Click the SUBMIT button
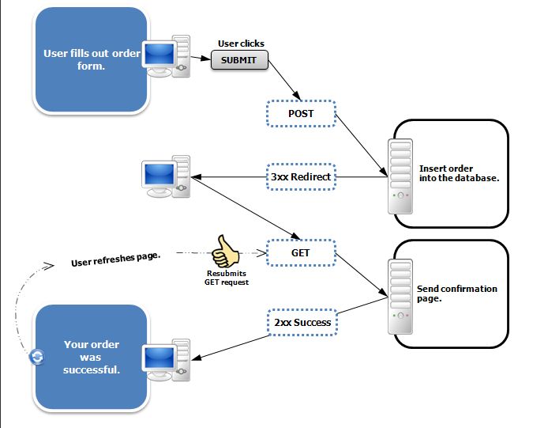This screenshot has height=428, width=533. click(239, 59)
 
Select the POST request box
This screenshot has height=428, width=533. click(300, 114)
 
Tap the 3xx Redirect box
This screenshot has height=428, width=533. click(300, 177)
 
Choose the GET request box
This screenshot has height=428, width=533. click(300, 253)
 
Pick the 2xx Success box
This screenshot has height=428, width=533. click(300, 322)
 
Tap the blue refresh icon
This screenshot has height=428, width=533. click(36, 358)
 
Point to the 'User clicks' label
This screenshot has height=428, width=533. click(241, 44)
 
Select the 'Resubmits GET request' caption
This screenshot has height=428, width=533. click(227, 278)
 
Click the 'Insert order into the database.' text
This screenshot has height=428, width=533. click(459, 172)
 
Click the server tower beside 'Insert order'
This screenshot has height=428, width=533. click(400, 176)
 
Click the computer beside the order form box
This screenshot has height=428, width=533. click(167, 57)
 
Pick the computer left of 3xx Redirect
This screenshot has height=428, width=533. click(165, 178)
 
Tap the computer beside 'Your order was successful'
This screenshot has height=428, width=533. click(166, 362)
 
